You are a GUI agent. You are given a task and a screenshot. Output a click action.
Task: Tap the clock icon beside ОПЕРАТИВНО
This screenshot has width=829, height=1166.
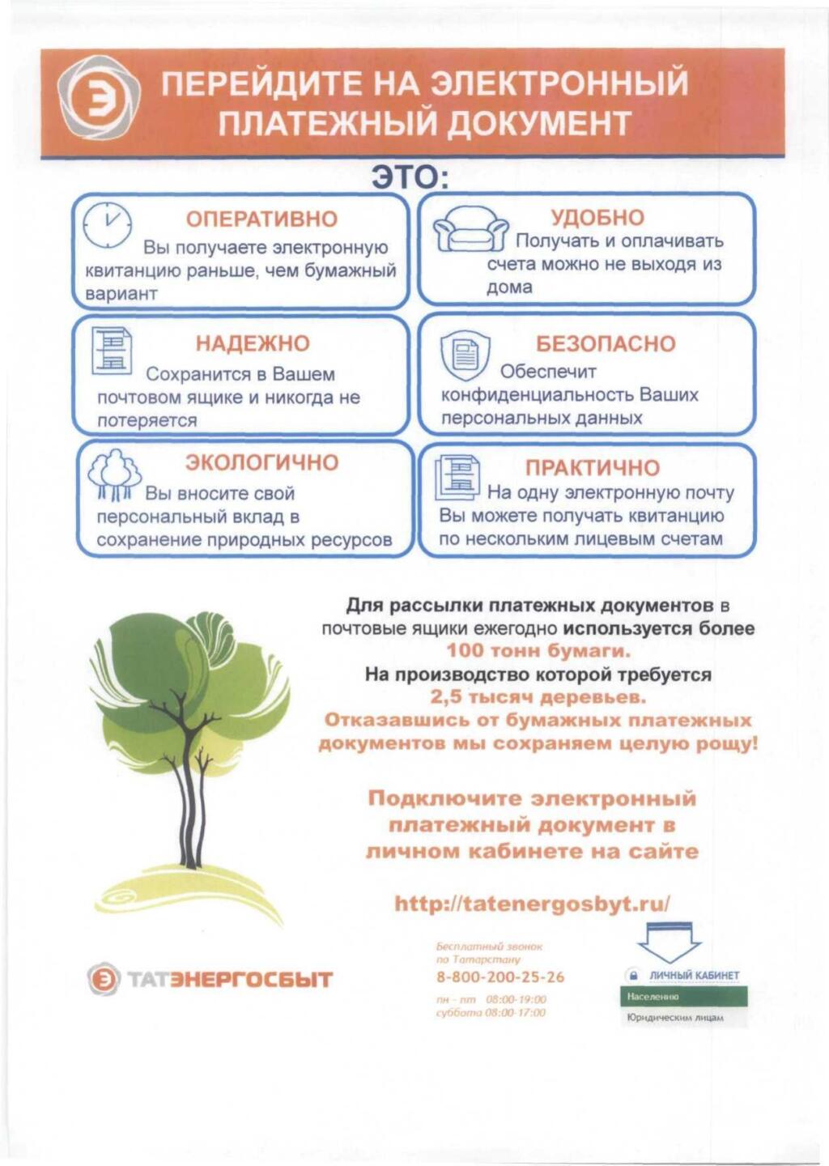108,223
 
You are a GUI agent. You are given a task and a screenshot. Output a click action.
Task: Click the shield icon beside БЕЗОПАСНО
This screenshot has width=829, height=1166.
465,355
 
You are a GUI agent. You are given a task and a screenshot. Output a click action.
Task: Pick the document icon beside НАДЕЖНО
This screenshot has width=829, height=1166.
112,351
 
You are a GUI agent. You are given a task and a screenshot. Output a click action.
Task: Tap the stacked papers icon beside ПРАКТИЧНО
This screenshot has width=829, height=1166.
457,478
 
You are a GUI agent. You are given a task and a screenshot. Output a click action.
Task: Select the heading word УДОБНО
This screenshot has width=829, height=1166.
597,218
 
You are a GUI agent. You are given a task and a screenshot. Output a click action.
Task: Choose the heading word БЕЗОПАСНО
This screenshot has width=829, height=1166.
605,344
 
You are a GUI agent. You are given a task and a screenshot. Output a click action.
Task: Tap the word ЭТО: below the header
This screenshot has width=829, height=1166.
410,177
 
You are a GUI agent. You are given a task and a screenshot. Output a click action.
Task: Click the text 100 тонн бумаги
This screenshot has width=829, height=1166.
538,651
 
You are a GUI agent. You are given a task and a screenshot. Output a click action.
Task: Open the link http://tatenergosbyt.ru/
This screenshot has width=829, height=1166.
532,904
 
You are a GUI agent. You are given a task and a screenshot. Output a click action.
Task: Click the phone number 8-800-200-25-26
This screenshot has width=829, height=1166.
500,977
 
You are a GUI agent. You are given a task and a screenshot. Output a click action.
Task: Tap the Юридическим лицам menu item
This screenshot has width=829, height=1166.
675,1018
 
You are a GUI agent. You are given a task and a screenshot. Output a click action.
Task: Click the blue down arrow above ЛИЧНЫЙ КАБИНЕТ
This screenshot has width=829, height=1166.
670,943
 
